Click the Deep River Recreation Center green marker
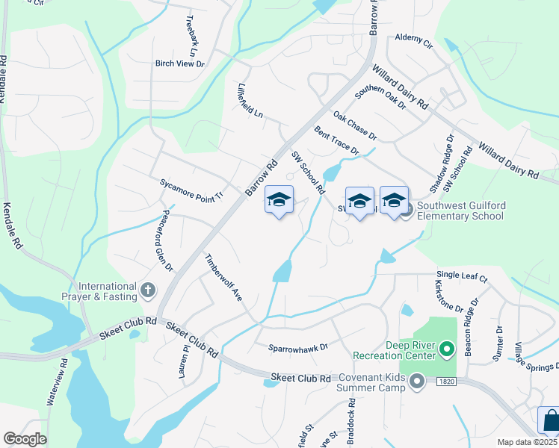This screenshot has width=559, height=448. coord(447,349)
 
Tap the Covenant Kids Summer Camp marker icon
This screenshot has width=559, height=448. coord(417,382)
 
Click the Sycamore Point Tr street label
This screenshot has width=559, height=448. coord(191,187)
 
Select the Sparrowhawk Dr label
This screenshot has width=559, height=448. coord(298,347)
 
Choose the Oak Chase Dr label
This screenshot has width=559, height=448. coord(355,126)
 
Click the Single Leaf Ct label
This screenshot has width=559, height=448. coord(462,279)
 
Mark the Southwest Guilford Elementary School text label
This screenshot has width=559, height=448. coord(460,211)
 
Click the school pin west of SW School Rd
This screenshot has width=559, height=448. coord(279,201)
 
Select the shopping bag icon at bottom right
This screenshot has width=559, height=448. coord(550,420)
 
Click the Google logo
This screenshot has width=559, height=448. coord(25,438)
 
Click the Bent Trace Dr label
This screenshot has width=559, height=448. coord(336,140)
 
